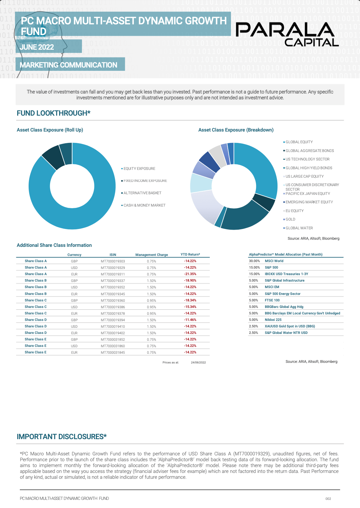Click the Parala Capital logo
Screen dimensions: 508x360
click(x=287, y=34)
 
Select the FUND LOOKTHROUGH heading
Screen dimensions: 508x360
click(x=54, y=113)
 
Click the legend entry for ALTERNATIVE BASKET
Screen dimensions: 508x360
click(x=142, y=193)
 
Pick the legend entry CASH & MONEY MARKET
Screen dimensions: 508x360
click(x=144, y=205)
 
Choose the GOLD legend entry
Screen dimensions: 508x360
click(x=290, y=219)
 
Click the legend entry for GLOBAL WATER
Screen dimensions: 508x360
click(x=299, y=228)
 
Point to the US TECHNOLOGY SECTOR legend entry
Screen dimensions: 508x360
click(x=307, y=159)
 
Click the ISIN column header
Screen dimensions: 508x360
click(x=113, y=255)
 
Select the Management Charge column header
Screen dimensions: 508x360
click(x=151, y=255)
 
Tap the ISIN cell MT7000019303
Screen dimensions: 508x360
click(x=113, y=261)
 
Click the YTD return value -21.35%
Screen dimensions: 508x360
click(x=190, y=274)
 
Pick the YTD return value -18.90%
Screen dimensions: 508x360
click(x=190, y=281)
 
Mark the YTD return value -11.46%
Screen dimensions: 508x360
click(x=190, y=320)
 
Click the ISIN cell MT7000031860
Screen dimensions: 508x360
click(x=113, y=346)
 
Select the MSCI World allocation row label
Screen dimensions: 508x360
click(x=274, y=261)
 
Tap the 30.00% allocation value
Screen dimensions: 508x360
click(x=254, y=261)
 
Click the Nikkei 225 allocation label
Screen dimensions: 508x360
click(x=273, y=320)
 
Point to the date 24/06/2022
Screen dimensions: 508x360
click(x=198, y=362)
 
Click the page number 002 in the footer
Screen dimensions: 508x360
click(x=328, y=499)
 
